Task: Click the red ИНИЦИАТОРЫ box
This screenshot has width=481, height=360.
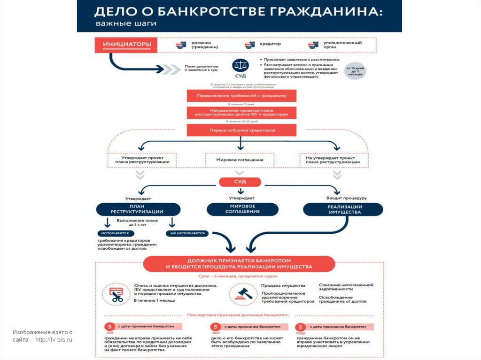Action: pyautogui.click(x=126, y=45)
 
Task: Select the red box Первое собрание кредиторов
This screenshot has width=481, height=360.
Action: pyautogui.click(x=241, y=130)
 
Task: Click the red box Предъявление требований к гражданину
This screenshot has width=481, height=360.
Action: pyautogui.click(x=241, y=95)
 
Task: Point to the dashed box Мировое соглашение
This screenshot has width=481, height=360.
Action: pyautogui.click(x=240, y=160)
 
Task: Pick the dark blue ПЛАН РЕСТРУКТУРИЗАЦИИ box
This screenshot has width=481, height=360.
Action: pyautogui.click(x=139, y=209)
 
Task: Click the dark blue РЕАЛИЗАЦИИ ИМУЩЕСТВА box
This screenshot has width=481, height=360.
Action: pyautogui.click(x=342, y=209)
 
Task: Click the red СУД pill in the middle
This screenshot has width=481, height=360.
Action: pyautogui.click(x=240, y=181)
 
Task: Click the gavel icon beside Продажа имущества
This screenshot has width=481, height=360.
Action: pyautogui.click(x=243, y=294)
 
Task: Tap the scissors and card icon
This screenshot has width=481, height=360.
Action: pyautogui.click(x=116, y=294)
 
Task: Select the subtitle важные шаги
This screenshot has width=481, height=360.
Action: pyautogui.click(x=126, y=23)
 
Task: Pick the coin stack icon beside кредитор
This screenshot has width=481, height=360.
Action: pyautogui.click(x=250, y=45)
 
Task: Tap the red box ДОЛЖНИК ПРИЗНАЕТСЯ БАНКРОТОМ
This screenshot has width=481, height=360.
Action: pyautogui.click(x=239, y=263)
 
